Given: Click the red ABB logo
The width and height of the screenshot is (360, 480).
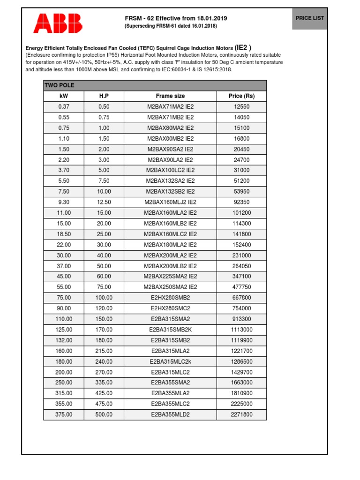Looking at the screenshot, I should pos(58,23).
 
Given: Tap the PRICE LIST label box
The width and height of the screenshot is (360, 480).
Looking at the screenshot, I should pos(309,18).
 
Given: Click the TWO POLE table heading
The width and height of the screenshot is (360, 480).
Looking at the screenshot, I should pos(59,85).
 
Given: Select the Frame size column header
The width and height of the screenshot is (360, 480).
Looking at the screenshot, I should pos(170,96).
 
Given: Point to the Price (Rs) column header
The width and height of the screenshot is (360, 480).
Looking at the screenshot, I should pos(241,96).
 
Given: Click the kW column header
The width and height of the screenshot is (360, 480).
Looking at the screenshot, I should pos(64,96).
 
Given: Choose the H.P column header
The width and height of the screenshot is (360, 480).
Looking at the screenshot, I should pos(104,96).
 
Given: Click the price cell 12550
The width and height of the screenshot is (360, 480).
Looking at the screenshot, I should pos(241,107).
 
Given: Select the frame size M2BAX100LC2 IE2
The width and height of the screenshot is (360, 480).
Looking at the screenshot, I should pos(170,170).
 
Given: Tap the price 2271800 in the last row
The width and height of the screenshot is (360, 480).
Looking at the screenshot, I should pos(241,414).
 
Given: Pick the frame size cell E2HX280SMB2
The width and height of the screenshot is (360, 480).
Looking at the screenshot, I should pos(170,298).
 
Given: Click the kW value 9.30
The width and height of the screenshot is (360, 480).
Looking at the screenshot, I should pos(64,202).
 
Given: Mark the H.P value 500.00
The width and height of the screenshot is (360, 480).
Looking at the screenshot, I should pos(104,414).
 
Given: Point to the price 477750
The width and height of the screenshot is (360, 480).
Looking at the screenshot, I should pos(241,287).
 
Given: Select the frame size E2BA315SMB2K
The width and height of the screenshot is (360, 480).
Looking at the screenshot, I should pos(170,330).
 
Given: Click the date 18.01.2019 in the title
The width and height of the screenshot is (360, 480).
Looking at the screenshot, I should pos(211,18).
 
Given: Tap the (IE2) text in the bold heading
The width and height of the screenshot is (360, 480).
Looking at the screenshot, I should pos(243,47).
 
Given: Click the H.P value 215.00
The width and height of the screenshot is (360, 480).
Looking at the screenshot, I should pos(104,351).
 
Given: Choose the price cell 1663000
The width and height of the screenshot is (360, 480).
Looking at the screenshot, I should pos(241,382).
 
